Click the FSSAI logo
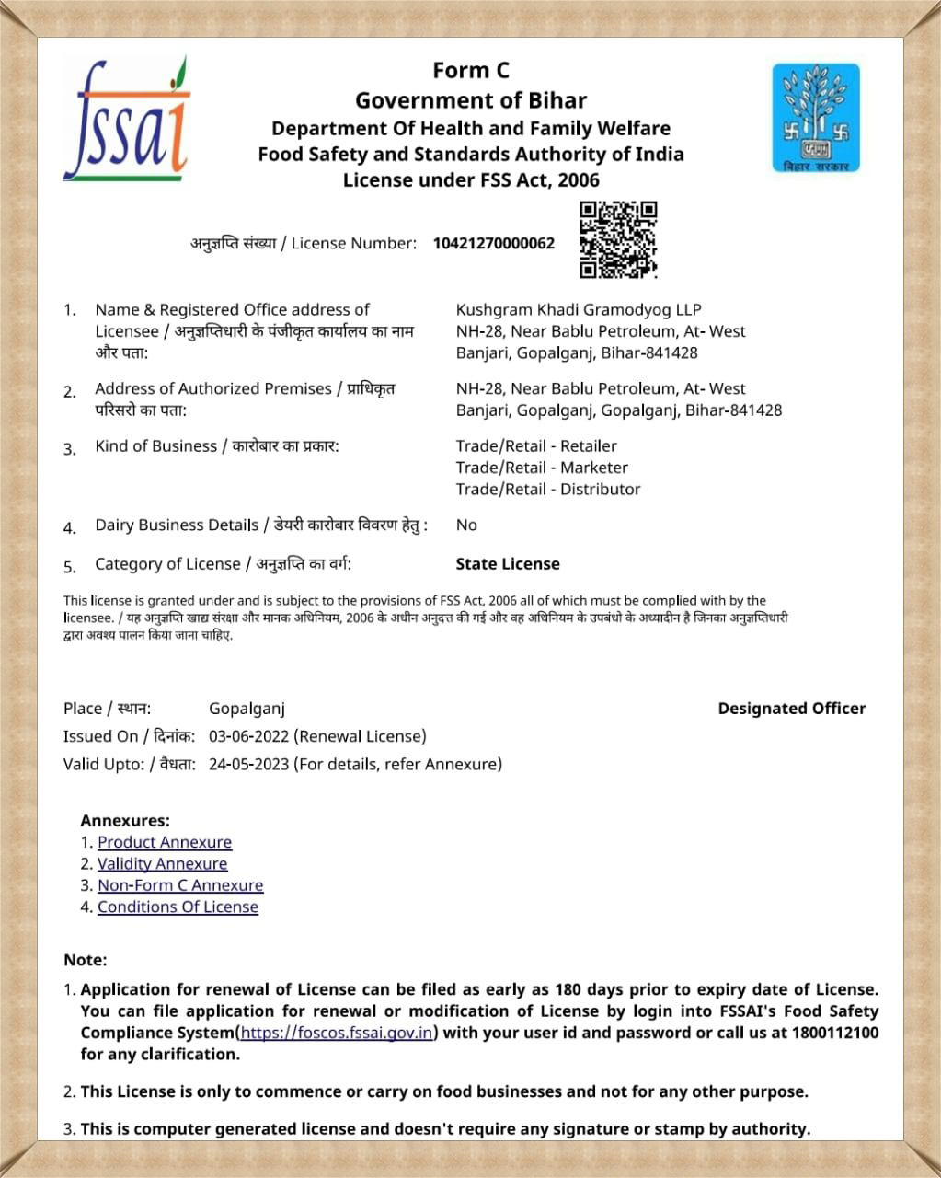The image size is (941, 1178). pyautogui.click(x=126, y=120)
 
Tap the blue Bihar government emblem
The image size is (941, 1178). pyautogui.click(x=816, y=117)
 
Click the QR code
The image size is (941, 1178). pyautogui.click(x=618, y=239)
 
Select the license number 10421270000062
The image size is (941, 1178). pyautogui.click(x=494, y=244)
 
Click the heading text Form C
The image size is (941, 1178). pyautogui.click(x=471, y=71)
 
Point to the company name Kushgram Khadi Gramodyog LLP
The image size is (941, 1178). pyautogui.click(x=579, y=310)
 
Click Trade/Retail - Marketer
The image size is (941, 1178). pyautogui.click(x=542, y=468)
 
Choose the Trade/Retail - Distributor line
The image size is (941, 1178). pyautogui.click(x=548, y=489)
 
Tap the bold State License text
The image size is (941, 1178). pyautogui.click(x=508, y=564)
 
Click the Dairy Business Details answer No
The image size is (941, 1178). pyautogui.click(x=466, y=525)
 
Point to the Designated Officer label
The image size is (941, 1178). pyautogui.click(x=791, y=709)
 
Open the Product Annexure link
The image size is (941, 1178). pyautogui.click(x=165, y=842)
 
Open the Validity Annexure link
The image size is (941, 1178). pyautogui.click(x=162, y=863)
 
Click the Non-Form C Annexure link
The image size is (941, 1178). pyautogui.click(x=180, y=885)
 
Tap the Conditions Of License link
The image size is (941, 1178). pyautogui.click(x=178, y=907)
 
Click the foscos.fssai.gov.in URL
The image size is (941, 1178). pyautogui.click(x=337, y=1033)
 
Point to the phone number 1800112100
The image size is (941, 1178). pyautogui.click(x=835, y=1033)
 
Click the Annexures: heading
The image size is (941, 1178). pyautogui.click(x=125, y=820)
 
